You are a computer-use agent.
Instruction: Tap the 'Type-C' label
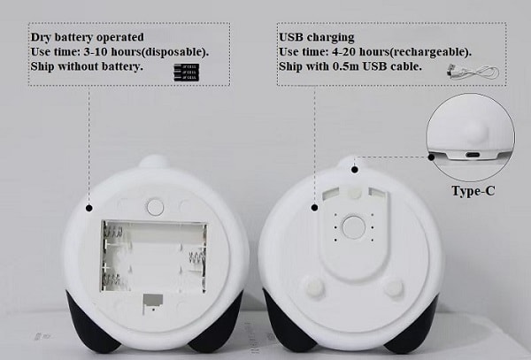[x=473, y=191]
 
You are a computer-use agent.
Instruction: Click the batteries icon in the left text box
[x=186, y=72]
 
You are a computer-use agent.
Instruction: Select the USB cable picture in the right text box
[x=473, y=72]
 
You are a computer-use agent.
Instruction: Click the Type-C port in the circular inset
[x=473, y=155]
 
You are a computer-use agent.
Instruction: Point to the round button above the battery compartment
[x=156, y=207]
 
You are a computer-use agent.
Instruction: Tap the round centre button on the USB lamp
[x=353, y=227]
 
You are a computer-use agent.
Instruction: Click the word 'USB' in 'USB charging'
[x=291, y=37]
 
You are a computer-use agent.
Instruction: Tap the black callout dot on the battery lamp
[x=89, y=208]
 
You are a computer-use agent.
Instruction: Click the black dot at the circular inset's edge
[x=431, y=157]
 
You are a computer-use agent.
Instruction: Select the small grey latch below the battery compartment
[x=152, y=303]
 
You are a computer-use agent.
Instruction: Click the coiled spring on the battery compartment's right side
[x=196, y=261]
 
